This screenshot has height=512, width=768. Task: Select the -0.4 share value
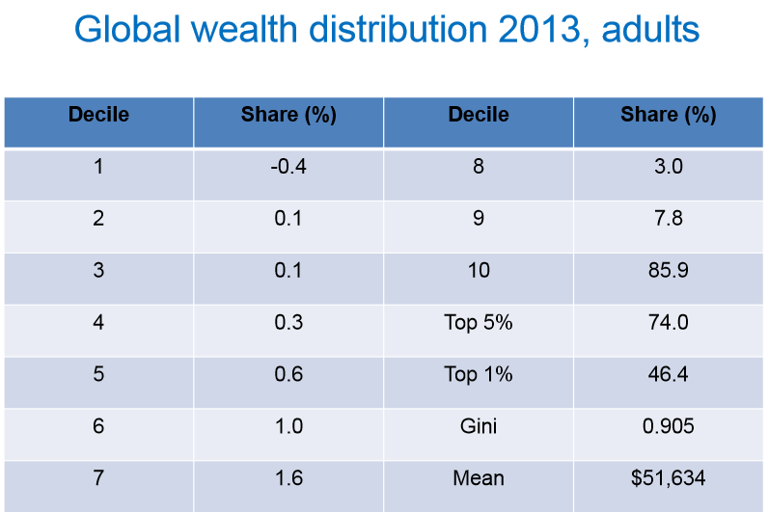tap(288, 166)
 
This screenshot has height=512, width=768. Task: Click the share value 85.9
tap(669, 270)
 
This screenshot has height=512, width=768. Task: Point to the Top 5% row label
tap(479, 322)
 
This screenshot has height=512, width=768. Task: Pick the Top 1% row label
tap(479, 374)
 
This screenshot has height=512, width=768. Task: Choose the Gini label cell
tap(479, 425)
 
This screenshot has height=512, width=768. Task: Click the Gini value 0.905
tap(669, 425)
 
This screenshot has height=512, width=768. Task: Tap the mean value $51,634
tap(669, 477)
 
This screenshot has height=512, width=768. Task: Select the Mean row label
tap(479, 477)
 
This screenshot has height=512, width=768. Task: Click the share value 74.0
tap(669, 322)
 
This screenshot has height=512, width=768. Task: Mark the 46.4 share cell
tap(669, 374)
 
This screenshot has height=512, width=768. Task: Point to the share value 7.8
tap(669, 218)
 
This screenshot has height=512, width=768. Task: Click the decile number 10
tap(479, 270)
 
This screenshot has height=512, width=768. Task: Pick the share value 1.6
tap(288, 477)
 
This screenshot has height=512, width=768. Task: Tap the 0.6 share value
tap(288, 374)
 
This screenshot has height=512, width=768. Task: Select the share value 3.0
tap(669, 166)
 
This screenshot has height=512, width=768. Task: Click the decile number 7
tap(98, 477)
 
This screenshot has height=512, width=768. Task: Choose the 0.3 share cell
tap(288, 322)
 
